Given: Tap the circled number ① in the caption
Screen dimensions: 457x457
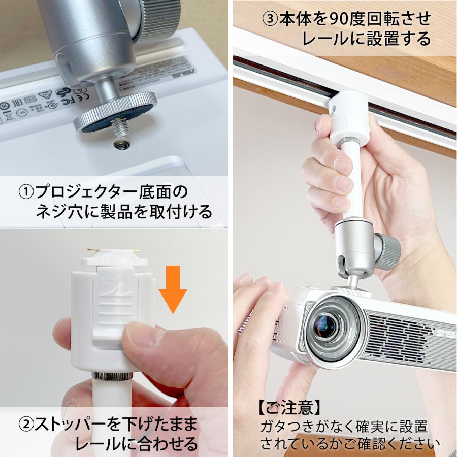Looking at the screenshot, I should [x=25, y=192].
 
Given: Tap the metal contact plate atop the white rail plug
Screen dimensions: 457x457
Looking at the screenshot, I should [x=114, y=251].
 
